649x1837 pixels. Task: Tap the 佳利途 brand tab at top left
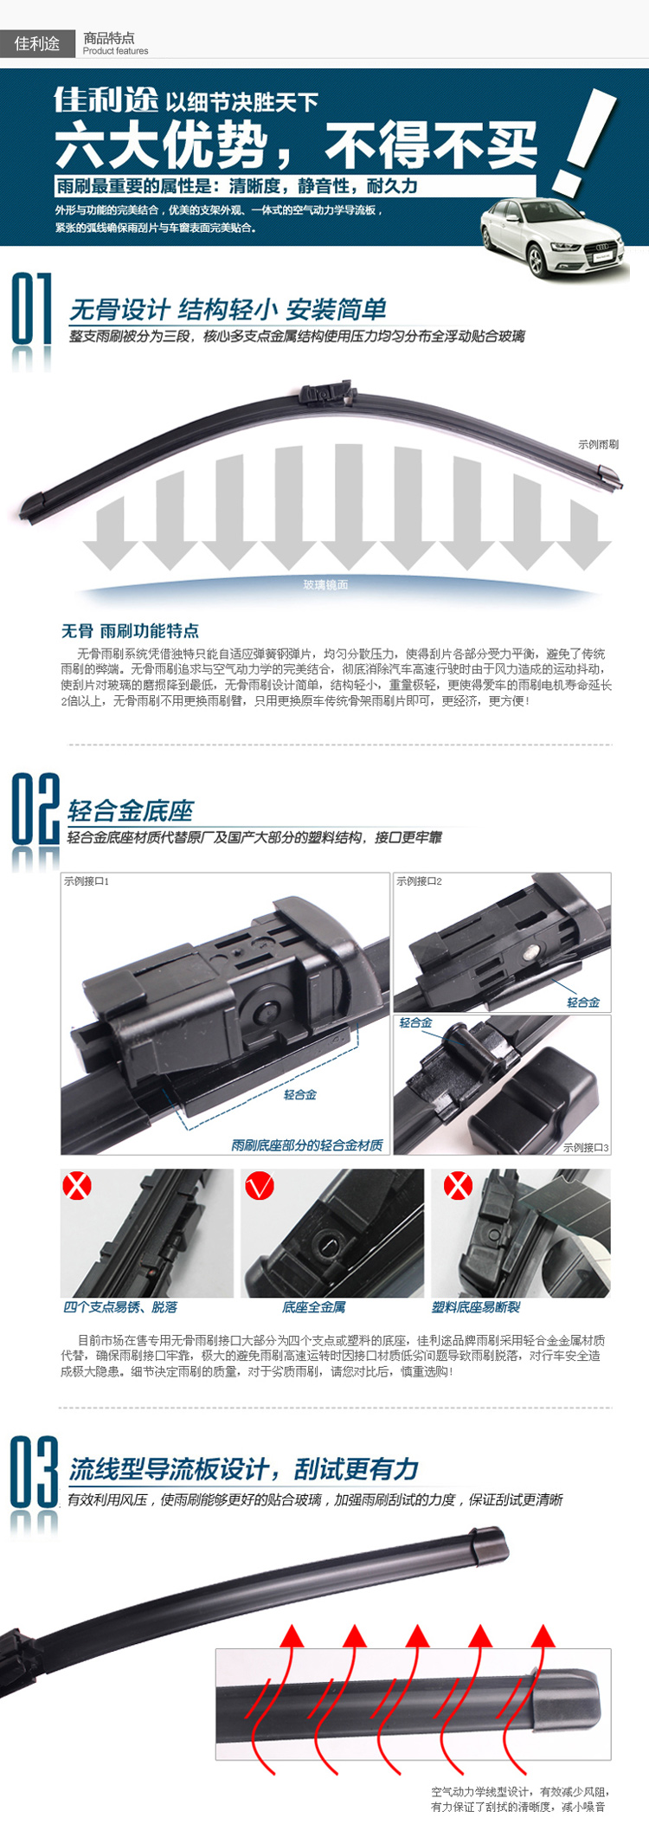click(x=37, y=43)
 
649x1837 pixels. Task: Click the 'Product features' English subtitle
click(x=115, y=51)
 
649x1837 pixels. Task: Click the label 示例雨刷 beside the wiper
click(x=599, y=444)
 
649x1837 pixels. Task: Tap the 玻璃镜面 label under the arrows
click(x=325, y=584)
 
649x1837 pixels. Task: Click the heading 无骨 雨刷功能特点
click(x=130, y=630)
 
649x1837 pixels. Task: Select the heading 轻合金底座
click(x=131, y=811)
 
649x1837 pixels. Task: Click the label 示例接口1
click(x=87, y=881)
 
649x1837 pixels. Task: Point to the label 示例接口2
click(x=419, y=881)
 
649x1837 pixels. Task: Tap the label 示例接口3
click(x=586, y=1147)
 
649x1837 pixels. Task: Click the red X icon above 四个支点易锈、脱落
click(x=77, y=1185)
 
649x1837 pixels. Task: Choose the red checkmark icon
click(x=260, y=1185)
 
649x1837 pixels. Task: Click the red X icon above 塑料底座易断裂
click(x=458, y=1185)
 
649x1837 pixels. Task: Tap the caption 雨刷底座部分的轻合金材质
click(x=307, y=1144)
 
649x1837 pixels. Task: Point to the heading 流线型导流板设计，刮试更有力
click(x=244, y=1469)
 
